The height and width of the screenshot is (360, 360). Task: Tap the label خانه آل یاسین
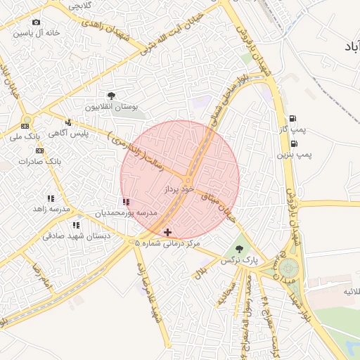[37, 33]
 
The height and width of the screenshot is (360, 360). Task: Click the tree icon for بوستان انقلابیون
[111, 96]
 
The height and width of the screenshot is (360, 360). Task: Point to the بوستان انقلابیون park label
[111, 107]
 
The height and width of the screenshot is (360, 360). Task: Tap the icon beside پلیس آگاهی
[68, 122]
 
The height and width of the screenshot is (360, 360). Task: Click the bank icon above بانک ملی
[25, 125]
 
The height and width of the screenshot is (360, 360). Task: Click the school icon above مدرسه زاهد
[50, 199]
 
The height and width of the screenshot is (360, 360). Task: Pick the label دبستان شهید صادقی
[76, 236]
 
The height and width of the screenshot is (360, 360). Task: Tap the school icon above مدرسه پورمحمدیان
[126, 202]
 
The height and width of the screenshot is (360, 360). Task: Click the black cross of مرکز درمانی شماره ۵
[167, 232]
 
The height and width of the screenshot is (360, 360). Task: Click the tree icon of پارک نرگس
[239, 249]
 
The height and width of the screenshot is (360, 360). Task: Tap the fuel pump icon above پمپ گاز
[292, 118]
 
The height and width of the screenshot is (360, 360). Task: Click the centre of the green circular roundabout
[288, 268]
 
